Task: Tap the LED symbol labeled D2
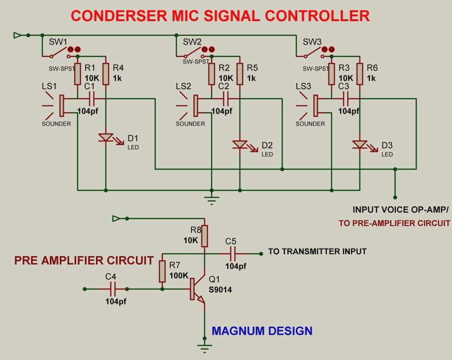pyautogui.click(x=240, y=145)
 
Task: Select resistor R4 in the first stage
pyautogui.click(x=106, y=74)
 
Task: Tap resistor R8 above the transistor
pyautogui.click(x=205, y=236)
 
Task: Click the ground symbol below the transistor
pyautogui.click(x=205, y=348)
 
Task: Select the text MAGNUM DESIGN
pyautogui.click(x=262, y=331)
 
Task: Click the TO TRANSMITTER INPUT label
pyautogui.click(x=317, y=251)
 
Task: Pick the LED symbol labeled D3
pyautogui.click(x=360, y=145)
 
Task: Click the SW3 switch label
pyautogui.click(x=312, y=41)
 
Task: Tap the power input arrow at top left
pyautogui.click(x=18, y=35)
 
